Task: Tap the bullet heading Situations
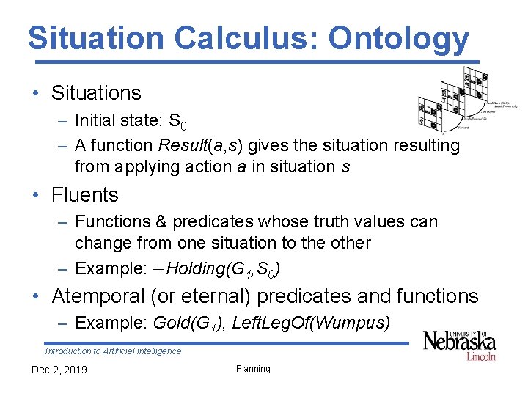[96, 93]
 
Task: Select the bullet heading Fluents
[84, 195]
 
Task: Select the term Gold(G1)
[187, 323]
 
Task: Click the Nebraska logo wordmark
[460, 341]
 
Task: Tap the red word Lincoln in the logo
[481, 356]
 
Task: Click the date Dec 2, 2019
[59, 370]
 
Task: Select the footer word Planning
[253, 369]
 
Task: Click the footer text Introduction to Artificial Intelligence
[113, 351]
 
